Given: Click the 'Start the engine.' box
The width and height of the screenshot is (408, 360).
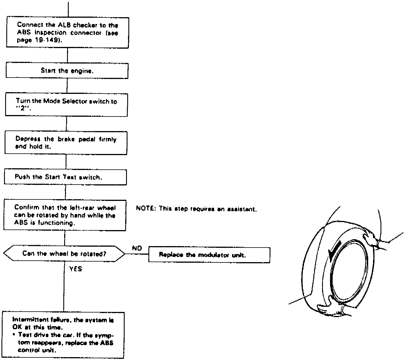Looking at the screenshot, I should click(67, 71).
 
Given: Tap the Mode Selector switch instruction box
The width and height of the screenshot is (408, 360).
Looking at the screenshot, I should click(66, 105).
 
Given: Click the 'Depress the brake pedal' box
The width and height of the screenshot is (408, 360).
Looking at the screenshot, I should click(66, 143).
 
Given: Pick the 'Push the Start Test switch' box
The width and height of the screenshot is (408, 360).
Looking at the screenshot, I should click(65, 177).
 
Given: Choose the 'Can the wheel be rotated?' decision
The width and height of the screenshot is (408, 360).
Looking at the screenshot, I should click(64, 254).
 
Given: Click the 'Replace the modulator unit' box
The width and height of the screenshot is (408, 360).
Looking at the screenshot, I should click(209, 255).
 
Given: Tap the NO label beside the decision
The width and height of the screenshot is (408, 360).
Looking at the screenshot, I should click(137, 248).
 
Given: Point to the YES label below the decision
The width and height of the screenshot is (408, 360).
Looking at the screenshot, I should click(76, 269).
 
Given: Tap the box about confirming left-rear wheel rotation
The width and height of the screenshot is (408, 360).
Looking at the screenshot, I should click(65, 215).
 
